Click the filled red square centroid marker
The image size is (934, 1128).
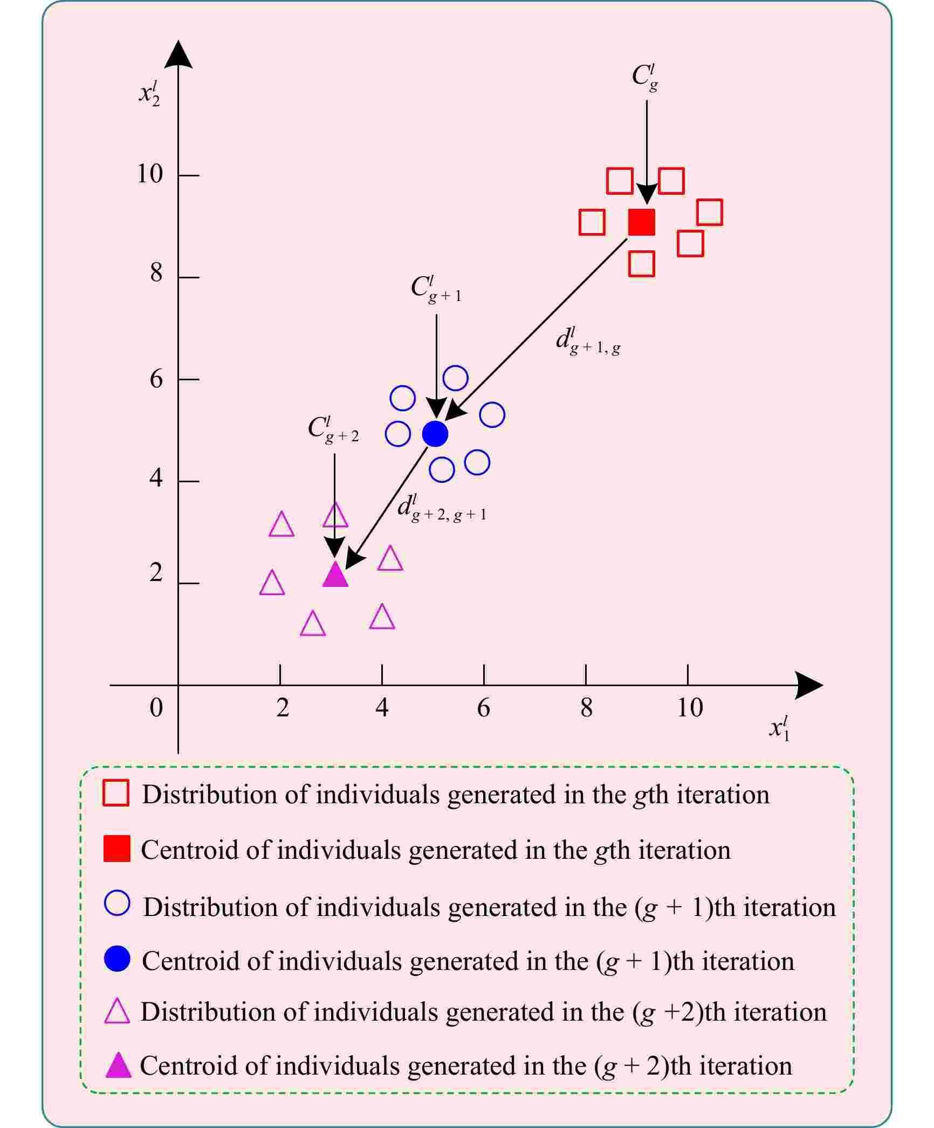[642, 222]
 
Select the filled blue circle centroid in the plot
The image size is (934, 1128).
[435, 433]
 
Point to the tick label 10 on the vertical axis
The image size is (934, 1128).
[150, 174]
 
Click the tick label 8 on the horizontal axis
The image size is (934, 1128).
[586, 708]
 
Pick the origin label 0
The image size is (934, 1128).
[156, 708]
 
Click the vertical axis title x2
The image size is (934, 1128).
[149, 93]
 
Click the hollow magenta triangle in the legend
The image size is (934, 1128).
[117, 1012]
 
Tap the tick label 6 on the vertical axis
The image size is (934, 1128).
[156, 379]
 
